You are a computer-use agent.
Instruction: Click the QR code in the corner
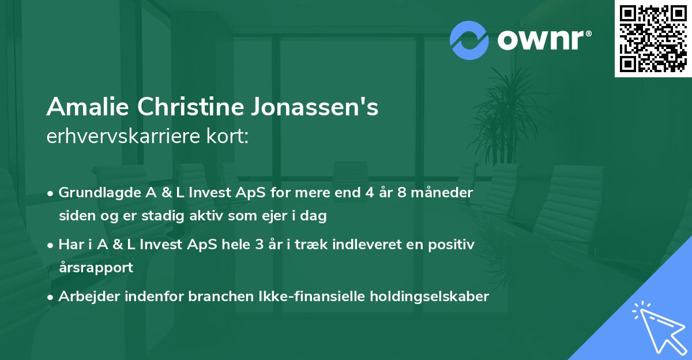(x=653, y=39)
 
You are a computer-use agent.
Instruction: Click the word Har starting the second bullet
(x=69, y=245)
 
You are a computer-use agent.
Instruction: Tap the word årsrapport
(x=95, y=268)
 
